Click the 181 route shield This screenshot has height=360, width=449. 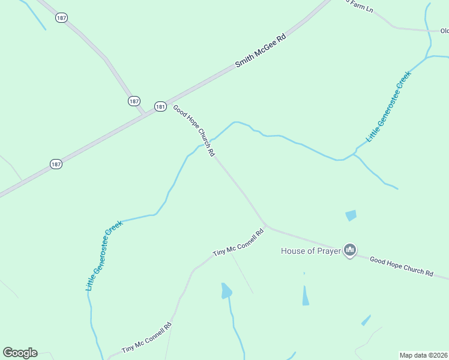click(x=160, y=106)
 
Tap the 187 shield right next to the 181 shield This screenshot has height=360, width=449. click(x=134, y=101)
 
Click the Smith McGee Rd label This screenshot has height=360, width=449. click(x=260, y=50)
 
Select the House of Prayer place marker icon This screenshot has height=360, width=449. click(x=350, y=250)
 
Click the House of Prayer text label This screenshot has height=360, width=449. click(x=311, y=251)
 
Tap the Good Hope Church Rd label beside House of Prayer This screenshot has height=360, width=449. click(x=401, y=266)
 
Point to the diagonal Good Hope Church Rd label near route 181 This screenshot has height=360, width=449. click(x=194, y=130)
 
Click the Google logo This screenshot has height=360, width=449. click(x=20, y=353)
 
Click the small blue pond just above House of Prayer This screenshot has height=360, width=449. click(x=351, y=215)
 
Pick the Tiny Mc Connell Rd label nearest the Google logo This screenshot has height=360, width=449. click(x=146, y=338)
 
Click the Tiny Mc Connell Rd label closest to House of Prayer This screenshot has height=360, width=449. click(x=238, y=243)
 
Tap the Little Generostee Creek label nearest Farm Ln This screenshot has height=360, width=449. click(x=388, y=106)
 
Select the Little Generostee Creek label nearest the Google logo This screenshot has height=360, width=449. click(x=104, y=256)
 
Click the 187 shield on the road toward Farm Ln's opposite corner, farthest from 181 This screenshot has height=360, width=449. click(x=61, y=18)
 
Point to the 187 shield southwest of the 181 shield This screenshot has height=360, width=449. click(x=56, y=164)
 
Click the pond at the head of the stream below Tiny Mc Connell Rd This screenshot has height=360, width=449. click(x=226, y=291)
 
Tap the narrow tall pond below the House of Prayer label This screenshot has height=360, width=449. click(x=306, y=295)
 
